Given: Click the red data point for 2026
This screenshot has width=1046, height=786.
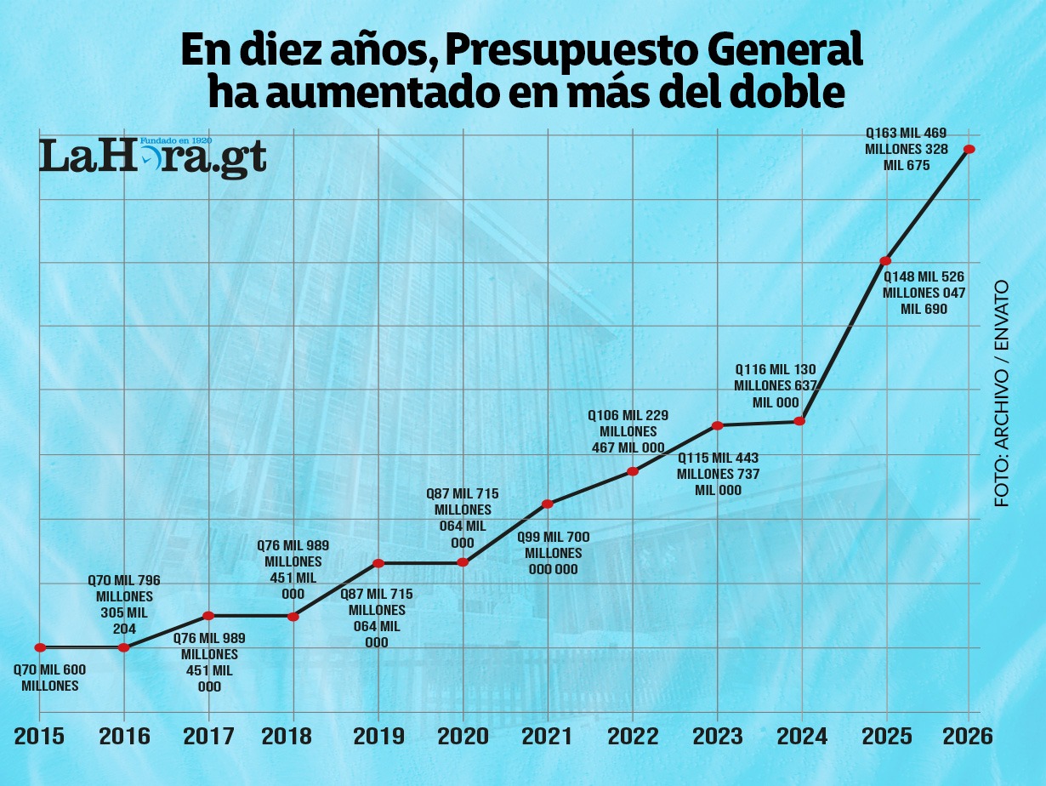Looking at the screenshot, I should pyautogui.click(x=969, y=150).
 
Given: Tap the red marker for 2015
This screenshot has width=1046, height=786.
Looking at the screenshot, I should pyautogui.click(x=40, y=647).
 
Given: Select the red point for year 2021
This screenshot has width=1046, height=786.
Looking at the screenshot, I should pyautogui.click(x=548, y=504).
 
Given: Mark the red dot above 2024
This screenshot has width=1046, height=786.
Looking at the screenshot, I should pyautogui.click(x=799, y=421).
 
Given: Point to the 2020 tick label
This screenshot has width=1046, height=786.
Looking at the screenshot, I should pyautogui.click(x=463, y=736).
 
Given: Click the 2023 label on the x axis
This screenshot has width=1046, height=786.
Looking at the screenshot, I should pyautogui.click(x=717, y=736).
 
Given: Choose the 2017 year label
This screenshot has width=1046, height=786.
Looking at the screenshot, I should pyautogui.click(x=208, y=736).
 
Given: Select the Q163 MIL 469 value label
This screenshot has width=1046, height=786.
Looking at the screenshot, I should pyautogui.click(x=906, y=149).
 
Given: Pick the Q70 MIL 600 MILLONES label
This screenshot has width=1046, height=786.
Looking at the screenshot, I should pyautogui.click(x=50, y=678).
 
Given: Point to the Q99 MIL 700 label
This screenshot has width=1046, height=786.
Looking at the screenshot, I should pyautogui.click(x=554, y=553).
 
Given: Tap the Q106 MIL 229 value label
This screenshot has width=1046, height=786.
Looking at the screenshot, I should pyautogui.click(x=628, y=431).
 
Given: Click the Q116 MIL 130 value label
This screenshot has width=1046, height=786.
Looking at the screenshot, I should pyautogui.click(x=776, y=386).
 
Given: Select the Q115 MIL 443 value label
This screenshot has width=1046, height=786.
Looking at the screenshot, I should pyautogui.click(x=718, y=474).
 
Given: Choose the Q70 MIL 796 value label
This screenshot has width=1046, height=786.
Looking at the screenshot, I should pyautogui.click(x=124, y=604).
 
